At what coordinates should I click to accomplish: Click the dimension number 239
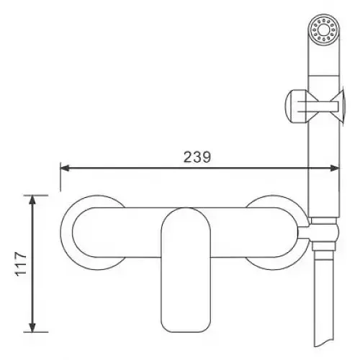click(197, 157)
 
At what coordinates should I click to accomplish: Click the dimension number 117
click(21, 264)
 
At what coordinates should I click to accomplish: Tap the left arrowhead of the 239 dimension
click(65, 168)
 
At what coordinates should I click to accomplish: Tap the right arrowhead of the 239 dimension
click(335, 168)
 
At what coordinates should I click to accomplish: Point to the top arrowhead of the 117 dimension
click(32, 199)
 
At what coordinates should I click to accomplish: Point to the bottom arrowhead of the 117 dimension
click(32, 328)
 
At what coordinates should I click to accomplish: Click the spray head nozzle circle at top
click(324, 30)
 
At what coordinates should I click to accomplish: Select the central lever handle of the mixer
click(186, 270)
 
